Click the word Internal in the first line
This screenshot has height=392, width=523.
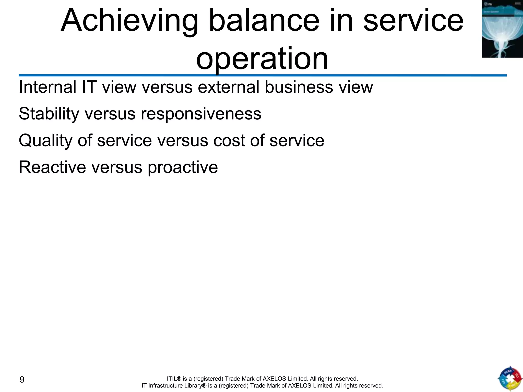47,87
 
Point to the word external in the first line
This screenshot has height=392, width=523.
229,87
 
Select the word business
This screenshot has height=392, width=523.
299,87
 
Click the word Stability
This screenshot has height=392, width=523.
49,114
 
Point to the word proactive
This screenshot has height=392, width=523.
183,168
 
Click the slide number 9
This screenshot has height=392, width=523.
22,379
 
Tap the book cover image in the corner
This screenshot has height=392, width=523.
502,29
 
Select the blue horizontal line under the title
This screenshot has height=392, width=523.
263,76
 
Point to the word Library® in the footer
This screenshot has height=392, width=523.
195,386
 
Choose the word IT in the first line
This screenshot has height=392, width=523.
89,87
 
